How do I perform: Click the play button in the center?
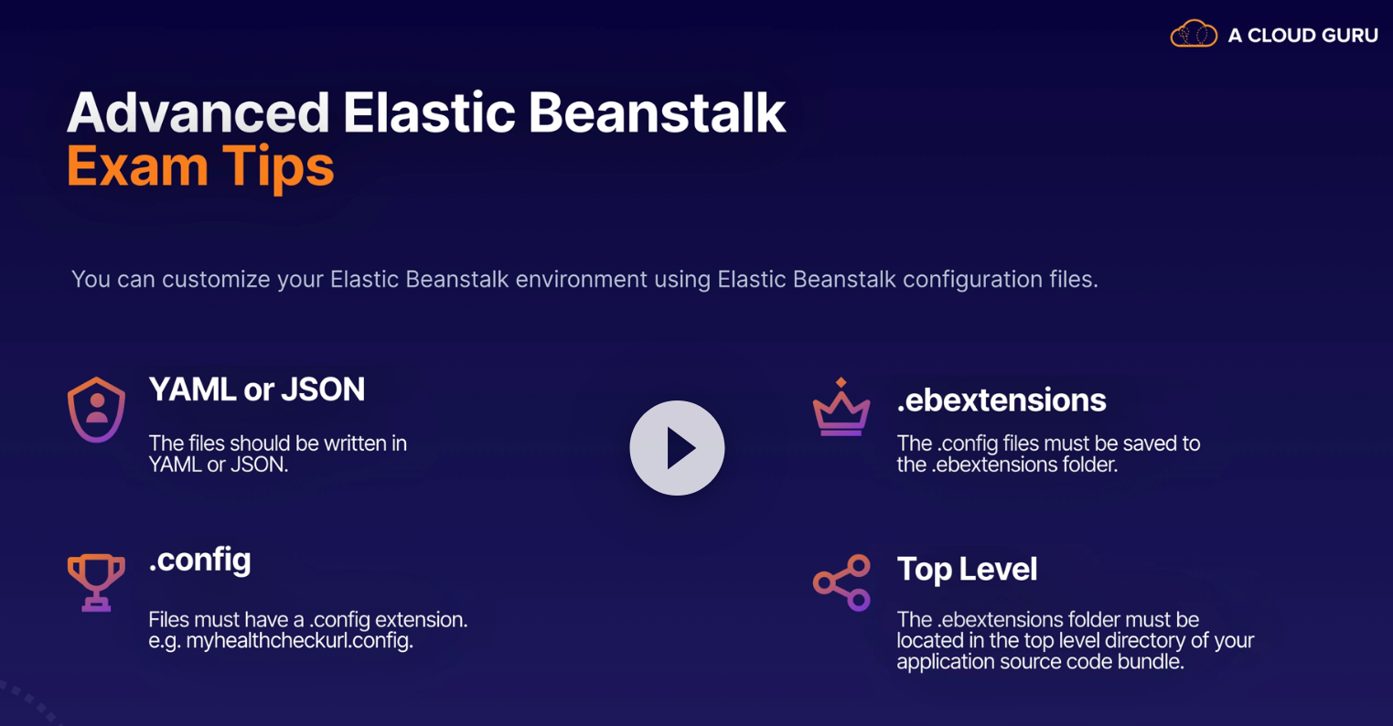[677, 447]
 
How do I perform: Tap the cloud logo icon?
[1194, 34]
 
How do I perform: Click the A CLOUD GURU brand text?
[1302, 36]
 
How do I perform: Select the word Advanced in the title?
[198, 112]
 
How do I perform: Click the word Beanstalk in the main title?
[657, 112]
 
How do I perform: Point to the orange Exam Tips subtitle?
[200, 167]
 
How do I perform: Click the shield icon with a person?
[96, 410]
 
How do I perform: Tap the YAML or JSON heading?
[257, 390]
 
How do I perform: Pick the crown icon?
[841, 411]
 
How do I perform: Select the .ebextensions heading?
[1002, 400]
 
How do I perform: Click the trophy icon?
[96, 582]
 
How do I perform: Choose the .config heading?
[199, 561]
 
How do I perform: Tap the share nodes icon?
[841, 582]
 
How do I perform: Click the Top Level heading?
[967, 570]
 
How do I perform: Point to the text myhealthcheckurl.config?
[300, 640]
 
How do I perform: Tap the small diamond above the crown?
[841, 382]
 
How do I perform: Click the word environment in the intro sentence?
[582, 280]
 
